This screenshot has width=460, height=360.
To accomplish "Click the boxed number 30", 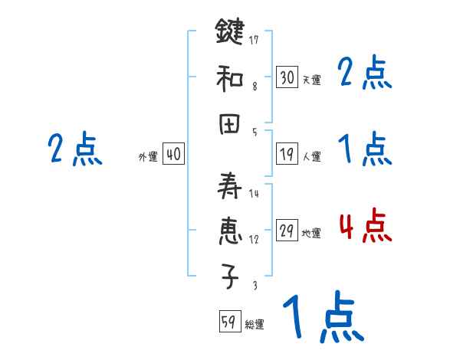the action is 287,77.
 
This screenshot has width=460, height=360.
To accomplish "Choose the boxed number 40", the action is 173,155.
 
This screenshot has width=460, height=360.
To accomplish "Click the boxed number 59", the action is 228,322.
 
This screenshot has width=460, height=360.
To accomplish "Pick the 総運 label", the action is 255,325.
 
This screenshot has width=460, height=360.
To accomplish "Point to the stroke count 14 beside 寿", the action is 254,194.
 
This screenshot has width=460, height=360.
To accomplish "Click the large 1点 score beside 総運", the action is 322,318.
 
